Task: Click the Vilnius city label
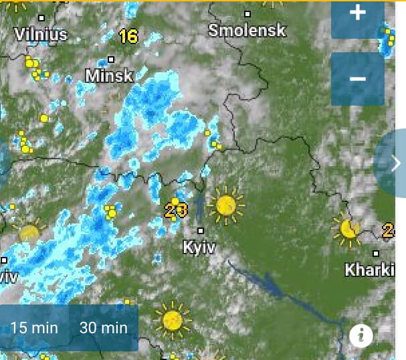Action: (41, 33)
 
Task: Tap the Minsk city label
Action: (110, 76)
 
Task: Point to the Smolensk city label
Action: (247, 30)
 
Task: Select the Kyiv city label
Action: (199, 248)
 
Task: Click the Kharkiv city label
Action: (370, 270)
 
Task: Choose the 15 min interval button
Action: (35, 328)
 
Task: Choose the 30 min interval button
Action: (103, 328)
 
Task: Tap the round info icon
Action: (361, 335)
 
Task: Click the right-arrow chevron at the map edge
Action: (396, 163)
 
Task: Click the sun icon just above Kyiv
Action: (226, 205)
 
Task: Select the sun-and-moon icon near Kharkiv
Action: (348, 230)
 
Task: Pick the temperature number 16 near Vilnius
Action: (128, 36)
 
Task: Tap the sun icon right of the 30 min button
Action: (173, 320)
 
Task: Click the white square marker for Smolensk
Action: (247, 13)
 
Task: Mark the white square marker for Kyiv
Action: (200, 230)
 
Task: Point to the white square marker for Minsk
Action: (111, 60)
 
